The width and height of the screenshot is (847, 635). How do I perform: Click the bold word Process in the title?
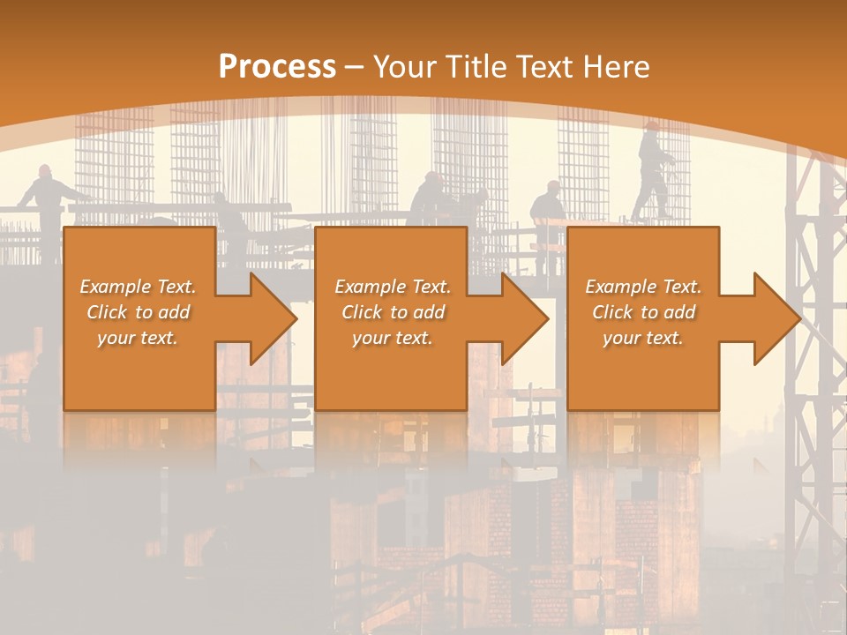277,66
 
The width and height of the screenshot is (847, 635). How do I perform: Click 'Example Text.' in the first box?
138,287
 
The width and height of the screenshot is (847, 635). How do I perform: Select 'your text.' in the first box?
138,338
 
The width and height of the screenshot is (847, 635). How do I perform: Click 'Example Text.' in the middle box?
393,287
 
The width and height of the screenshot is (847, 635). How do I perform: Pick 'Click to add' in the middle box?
393,312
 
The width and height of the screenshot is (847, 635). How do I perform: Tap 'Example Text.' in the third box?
643,287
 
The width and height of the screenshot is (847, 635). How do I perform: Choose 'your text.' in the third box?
643,338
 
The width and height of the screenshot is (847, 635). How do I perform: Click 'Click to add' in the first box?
138,312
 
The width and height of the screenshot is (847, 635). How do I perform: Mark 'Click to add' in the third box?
643,312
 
